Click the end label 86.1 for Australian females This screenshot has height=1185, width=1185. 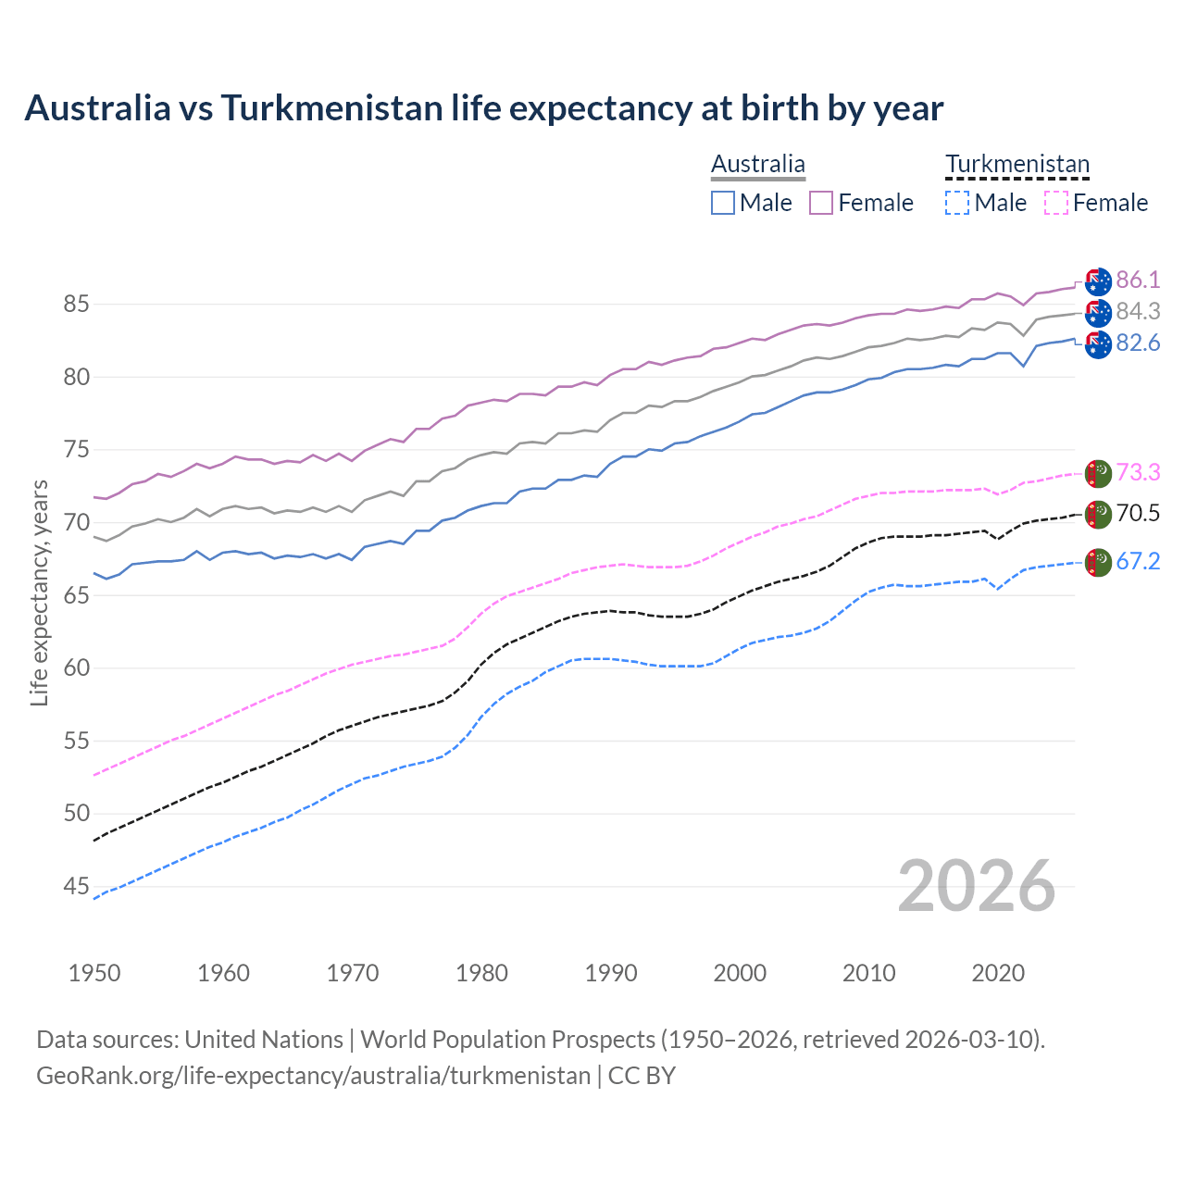point(1138,281)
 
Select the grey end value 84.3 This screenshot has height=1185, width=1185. point(1138,312)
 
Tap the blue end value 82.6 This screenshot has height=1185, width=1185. point(1138,343)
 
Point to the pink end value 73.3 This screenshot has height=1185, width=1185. point(1138,473)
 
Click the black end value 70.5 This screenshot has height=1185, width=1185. point(1138,514)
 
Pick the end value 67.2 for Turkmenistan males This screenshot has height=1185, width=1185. point(1138,562)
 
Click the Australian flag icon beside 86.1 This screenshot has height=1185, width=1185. point(1098,281)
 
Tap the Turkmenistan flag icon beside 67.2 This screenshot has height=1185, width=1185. point(1098,562)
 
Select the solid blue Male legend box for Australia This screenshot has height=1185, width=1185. point(723,203)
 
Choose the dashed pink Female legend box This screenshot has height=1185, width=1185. point(1055,203)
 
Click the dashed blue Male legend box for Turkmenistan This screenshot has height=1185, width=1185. point(957,203)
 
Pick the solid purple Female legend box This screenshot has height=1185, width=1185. point(821,203)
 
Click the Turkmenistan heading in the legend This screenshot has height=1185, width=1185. point(1017,165)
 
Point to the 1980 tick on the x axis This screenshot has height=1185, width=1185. point(481,973)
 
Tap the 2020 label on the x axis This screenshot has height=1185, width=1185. point(998,973)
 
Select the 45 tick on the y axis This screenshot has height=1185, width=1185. point(77,887)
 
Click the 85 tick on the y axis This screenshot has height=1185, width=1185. point(77,305)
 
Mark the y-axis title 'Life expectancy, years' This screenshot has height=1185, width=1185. point(40,592)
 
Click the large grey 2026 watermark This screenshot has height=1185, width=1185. point(977,886)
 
